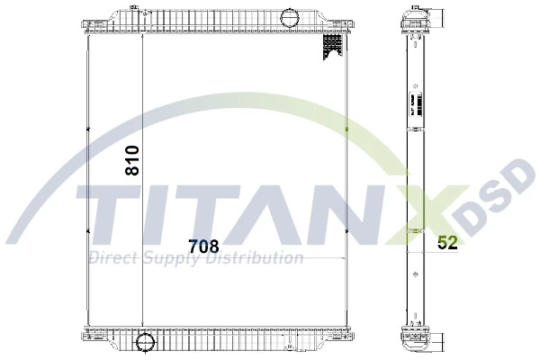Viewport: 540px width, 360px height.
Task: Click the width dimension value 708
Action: coord(203,245)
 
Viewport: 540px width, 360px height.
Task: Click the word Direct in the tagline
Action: coord(111,259)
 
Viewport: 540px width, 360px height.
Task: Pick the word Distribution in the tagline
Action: coord(256,259)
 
